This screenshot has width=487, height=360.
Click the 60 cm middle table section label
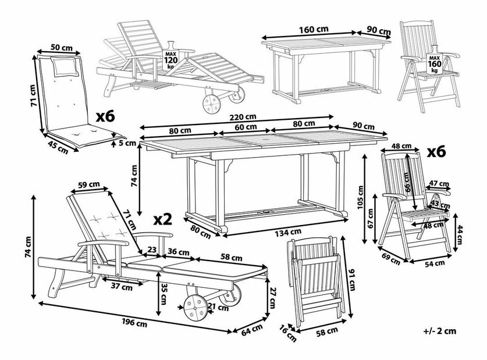245,126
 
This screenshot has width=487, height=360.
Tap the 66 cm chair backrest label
408,185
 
